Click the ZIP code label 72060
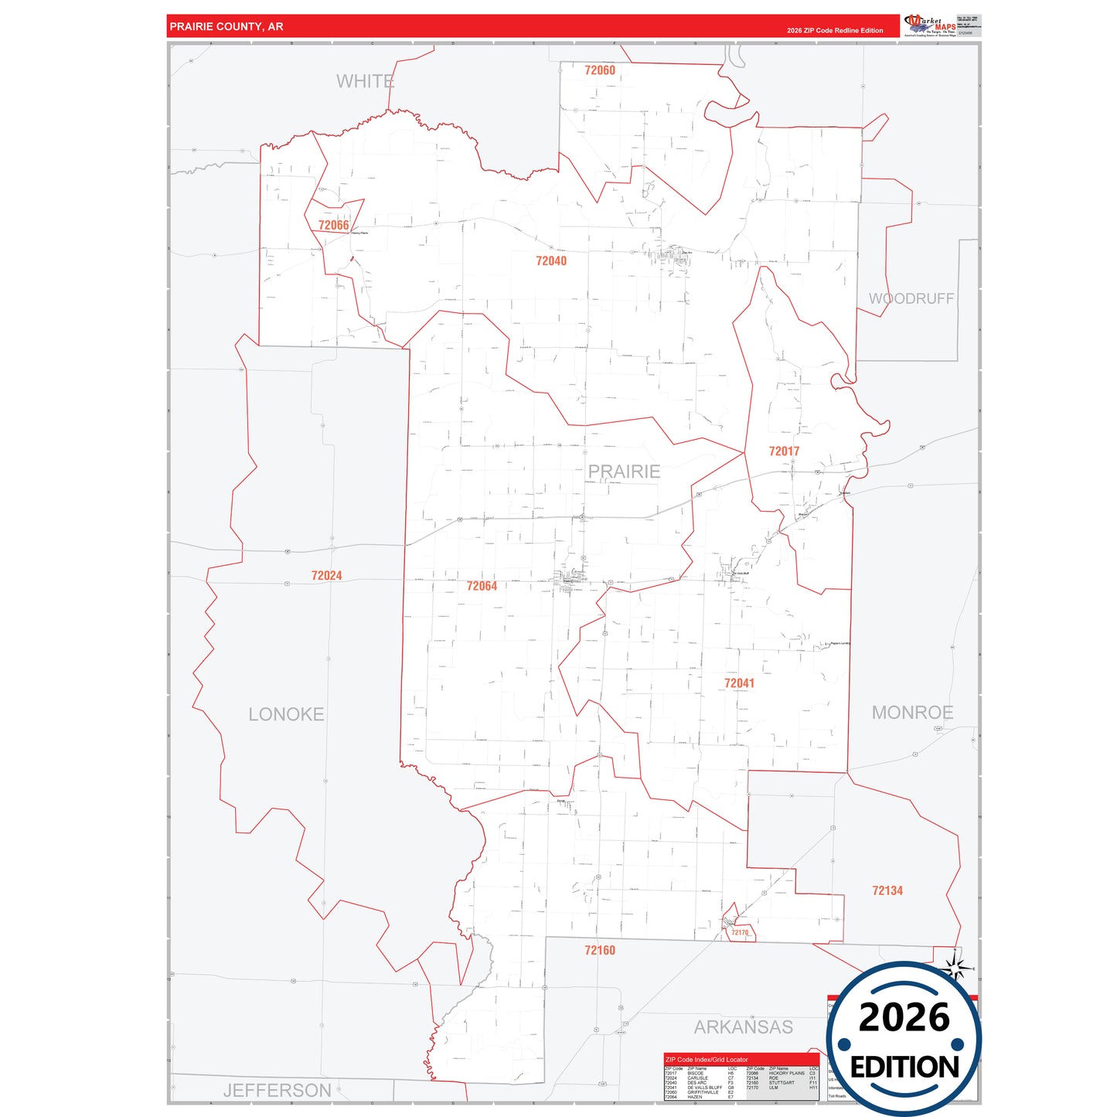pyautogui.click(x=600, y=70)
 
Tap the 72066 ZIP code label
pyautogui.click(x=333, y=226)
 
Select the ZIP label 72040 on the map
pyautogui.click(x=551, y=261)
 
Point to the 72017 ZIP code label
pyautogui.click(x=784, y=451)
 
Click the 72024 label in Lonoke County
pyautogui.click(x=326, y=576)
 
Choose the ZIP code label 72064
pyautogui.click(x=482, y=587)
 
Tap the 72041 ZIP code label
pyautogui.click(x=739, y=683)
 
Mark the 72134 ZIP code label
pyautogui.click(x=887, y=891)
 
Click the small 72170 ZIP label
pyautogui.click(x=740, y=933)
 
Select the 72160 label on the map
pyautogui.click(x=600, y=951)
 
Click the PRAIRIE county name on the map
pyautogui.click(x=624, y=472)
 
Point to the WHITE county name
pyautogui.click(x=365, y=81)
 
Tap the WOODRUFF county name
pyautogui.click(x=911, y=299)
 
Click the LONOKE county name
pyautogui.click(x=286, y=714)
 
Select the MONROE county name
pyautogui.click(x=912, y=713)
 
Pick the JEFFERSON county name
pyautogui.click(x=277, y=1091)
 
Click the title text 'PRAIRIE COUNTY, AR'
pyautogui.click(x=226, y=27)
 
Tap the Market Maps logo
pyautogui.click(x=931, y=26)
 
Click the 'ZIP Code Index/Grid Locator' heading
pyautogui.click(x=707, y=1060)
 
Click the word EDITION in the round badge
pyautogui.click(x=904, y=1068)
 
